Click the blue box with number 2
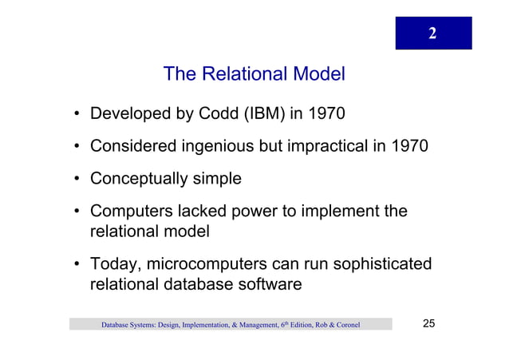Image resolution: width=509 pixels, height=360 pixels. tap(432, 33)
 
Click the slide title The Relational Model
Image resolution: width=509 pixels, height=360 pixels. tap(254, 75)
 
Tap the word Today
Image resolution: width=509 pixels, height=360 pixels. tap(114, 265)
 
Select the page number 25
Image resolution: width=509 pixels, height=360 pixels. tap(428, 324)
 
